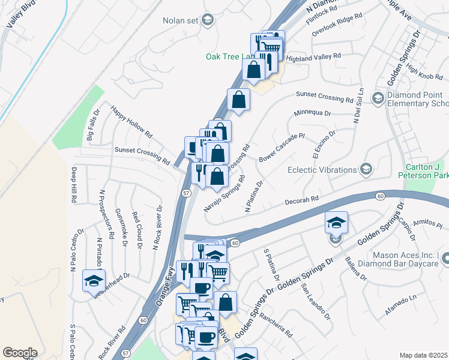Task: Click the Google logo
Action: (x=20, y=353)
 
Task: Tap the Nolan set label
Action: (x=180, y=20)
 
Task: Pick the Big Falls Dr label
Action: (x=94, y=124)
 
